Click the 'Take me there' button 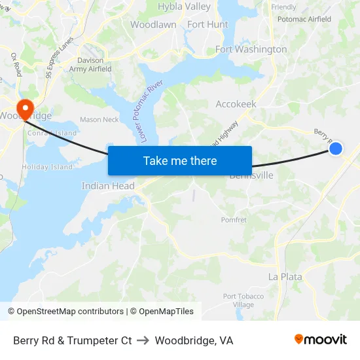180,160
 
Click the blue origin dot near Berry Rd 335,149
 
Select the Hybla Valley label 184,7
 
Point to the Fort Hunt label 207,25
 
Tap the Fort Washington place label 251,50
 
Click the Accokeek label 236,104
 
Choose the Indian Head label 108,186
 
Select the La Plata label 285,277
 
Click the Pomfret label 234,220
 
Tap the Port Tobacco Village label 243,300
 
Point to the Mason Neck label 99,120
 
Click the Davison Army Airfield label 90,65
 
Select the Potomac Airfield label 304,20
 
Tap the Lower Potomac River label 147,110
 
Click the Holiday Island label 47,167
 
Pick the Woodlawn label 153,25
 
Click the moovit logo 321,339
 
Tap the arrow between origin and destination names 143,340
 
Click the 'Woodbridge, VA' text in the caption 194,340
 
